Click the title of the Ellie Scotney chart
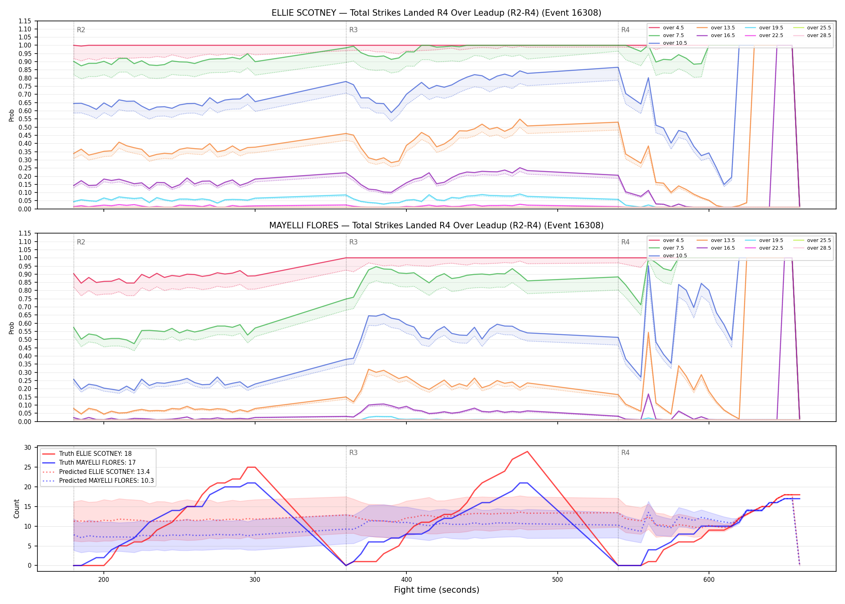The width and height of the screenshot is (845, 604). click(436, 13)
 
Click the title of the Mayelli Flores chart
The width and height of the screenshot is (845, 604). click(436, 225)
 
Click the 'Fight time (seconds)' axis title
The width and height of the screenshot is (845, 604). click(437, 590)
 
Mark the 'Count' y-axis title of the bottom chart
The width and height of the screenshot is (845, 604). click(16, 509)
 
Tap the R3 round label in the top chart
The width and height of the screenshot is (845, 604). click(353, 30)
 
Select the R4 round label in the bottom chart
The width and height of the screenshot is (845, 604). click(625, 453)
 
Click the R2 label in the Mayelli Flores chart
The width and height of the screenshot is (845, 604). click(81, 242)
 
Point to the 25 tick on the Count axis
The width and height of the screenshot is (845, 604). click(28, 467)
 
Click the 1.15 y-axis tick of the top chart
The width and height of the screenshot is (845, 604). click(25, 21)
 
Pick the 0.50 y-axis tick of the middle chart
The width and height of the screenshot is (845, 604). click(25, 339)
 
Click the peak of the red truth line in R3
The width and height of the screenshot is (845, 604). click(527, 451)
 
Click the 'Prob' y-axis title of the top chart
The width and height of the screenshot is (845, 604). click(12, 116)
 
